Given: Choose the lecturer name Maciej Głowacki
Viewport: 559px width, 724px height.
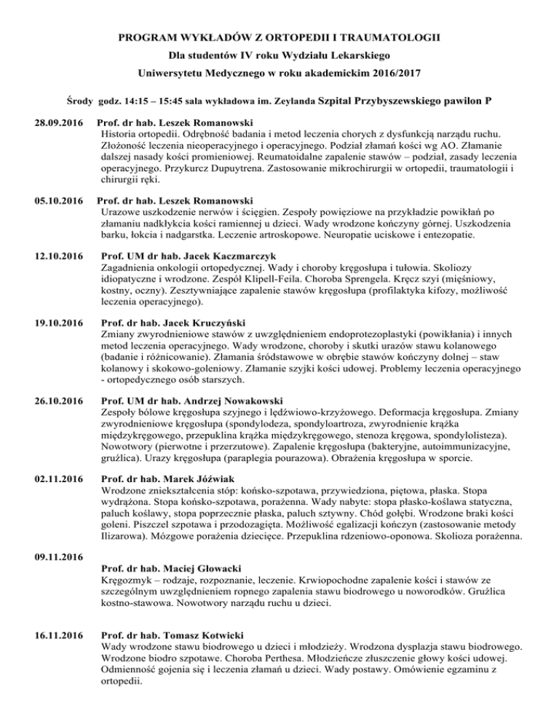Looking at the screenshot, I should (x=199, y=576).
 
